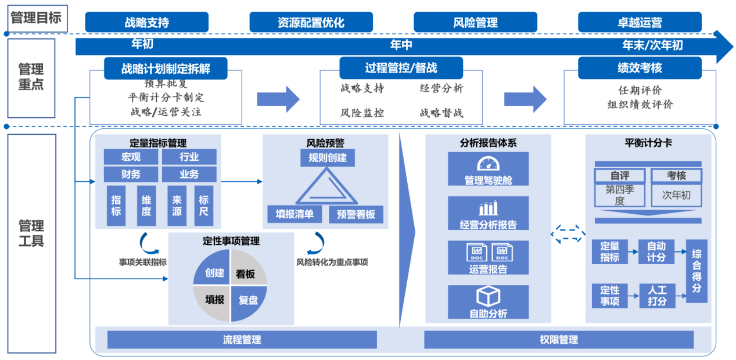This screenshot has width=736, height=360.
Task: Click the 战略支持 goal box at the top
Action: (x=146, y=22)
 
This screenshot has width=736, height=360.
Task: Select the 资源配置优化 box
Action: (x=311, y=22)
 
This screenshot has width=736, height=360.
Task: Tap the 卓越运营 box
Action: (x=640, y=22)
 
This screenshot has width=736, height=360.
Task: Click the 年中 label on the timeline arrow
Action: (x=401, y=45)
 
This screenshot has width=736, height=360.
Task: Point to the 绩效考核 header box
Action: (x=640, y=68)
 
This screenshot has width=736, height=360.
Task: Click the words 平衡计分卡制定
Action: (x=166, y=97)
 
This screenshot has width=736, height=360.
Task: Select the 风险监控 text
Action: (x=362, y=113)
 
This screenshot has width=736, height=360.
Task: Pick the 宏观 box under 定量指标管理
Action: (x=131, y=157)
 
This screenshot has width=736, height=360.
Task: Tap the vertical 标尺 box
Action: (x=204, y=206)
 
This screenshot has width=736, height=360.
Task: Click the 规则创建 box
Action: (x=328, y=158)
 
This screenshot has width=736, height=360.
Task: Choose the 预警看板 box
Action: (x=356, y=214)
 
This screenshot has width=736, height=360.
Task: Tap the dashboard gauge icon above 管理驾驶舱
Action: (x=489, y=164)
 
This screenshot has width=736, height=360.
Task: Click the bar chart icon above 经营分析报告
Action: (x=489, y=208)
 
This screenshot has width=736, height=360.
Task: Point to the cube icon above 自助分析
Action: (x=489, y=296)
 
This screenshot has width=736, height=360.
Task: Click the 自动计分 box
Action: (x=656, y=251)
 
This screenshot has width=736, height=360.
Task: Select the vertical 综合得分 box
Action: (x=696, y=271)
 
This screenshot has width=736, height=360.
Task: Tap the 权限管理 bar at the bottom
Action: (x=559, y=340)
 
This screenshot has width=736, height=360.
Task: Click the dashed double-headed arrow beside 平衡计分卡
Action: (x=568, y=234)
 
